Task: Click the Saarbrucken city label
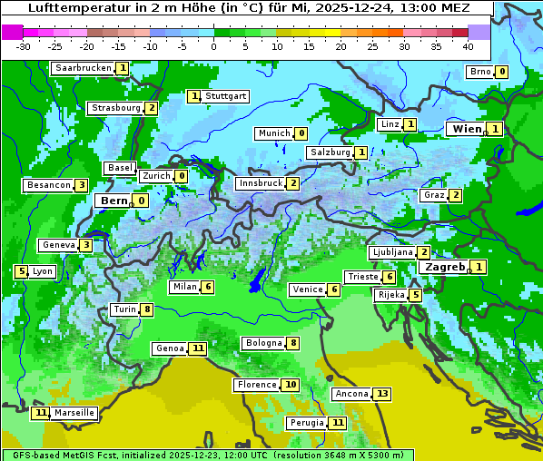coord(83,68)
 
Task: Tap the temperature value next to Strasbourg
coord(152,108)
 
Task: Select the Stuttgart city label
coord(225,96)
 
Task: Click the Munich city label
coord(273,133)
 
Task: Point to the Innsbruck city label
coord(260,183)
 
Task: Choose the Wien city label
coord(467,129)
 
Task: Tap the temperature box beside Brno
coord(501,72)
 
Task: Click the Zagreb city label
coord(445,267)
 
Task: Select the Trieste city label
coord(362,277)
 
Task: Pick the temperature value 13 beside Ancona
coord(382,394)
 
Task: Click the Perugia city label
coord(305,423)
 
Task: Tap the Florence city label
coord(256,385)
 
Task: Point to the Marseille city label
coord(74,413)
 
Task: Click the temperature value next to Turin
coord(147,309)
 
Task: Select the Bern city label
coord(114,201)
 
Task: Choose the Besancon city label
coord(49,185)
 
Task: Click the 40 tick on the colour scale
coord(468,46)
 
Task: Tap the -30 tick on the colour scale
coord(24,46)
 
